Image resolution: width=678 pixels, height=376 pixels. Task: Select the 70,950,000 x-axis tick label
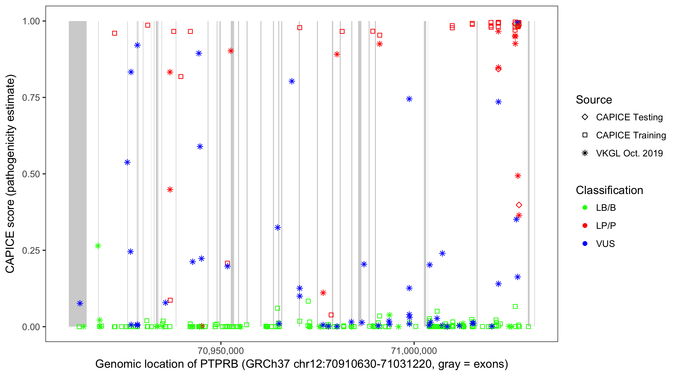tap(220, 350)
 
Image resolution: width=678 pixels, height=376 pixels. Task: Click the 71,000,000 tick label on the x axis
tap(414, 350)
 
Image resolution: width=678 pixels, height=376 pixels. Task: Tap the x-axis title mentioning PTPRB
tap(301, 364)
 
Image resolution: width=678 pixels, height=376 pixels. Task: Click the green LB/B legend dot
tap(585, 208)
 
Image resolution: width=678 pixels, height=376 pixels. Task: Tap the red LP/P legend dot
tap(585, 226)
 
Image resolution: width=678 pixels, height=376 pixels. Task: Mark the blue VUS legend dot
tap(585, 244)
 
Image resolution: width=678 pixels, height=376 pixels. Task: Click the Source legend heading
tap(594, 100)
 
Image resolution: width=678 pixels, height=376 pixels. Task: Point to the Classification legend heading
tap(609, 190)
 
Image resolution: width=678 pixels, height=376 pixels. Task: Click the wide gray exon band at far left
tap(78, 173)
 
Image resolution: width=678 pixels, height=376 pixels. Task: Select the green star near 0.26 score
tap(98, 246)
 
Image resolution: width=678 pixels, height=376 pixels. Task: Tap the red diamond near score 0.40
tap(519, 205)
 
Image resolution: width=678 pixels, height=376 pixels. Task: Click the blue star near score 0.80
tap(292, 81)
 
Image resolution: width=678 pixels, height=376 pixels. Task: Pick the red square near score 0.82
tap(181, 77)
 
